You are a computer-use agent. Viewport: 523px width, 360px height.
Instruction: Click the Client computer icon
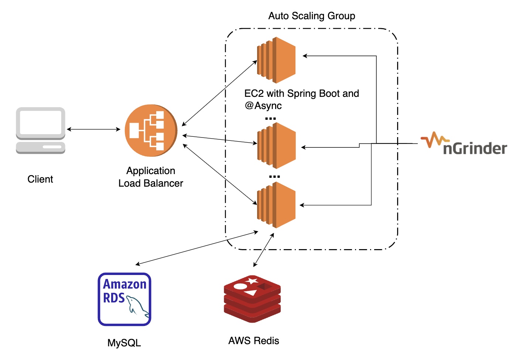pos(41,130)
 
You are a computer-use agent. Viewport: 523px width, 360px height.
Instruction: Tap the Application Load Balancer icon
pos(151,130)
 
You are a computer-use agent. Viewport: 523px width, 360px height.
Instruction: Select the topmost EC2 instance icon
pos(276,60)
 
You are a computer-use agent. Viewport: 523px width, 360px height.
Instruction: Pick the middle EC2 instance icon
pos(276,146)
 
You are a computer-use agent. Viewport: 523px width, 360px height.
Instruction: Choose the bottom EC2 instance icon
pos(276,205)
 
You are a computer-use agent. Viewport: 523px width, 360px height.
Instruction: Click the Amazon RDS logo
pos(124,299)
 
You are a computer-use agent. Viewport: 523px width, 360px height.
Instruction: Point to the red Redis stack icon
pos(252,299)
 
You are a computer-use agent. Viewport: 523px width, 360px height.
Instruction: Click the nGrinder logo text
pos(475,148)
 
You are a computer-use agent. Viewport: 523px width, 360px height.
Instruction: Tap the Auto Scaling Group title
pos(312,16)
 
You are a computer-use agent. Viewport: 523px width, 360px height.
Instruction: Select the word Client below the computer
pos(40,179)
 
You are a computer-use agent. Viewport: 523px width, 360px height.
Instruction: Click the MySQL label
pos(124,343)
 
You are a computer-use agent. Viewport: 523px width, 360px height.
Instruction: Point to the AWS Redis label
pos(254,341)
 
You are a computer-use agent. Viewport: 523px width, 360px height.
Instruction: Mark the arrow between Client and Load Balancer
pos(93,129)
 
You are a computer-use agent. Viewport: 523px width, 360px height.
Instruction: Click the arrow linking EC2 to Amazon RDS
pos(196,248)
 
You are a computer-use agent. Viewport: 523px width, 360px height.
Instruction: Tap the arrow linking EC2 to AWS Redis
pos(264,250)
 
